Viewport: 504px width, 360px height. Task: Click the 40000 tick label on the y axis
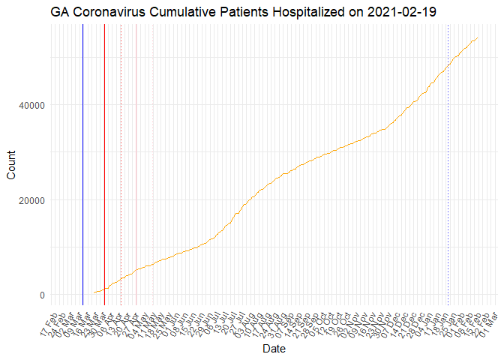(32, 105)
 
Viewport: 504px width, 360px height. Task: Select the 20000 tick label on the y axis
(32, 200)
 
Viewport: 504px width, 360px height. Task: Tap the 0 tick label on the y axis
(43, 295)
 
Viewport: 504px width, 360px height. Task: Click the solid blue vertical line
(82, 165)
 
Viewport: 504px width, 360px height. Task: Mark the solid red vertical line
(104, 165)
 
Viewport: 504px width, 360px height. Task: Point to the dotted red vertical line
(121, 165)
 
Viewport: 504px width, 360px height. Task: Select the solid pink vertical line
(136, 165)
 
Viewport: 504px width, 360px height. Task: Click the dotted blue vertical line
(448, 165)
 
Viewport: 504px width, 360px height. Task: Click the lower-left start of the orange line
(94, 292)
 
